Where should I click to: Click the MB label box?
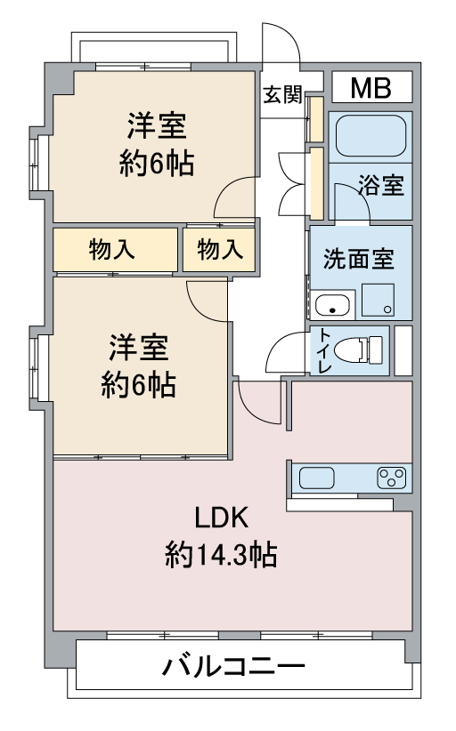[372, 87]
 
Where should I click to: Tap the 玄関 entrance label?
[283, 94]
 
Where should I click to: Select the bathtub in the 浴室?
[370, 136]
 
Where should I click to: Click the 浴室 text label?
[381, 185]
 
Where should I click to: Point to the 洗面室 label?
[358, 259]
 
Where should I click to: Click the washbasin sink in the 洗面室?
[332, 305]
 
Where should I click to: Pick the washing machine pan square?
[378, 300]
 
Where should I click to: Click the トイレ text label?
[325, 350]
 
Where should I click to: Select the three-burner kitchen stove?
[392, 478]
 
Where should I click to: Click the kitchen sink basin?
[316, 478]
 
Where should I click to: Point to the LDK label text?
[221, 517]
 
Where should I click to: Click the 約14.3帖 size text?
[221, 555]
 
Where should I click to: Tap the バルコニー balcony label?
[233, 666]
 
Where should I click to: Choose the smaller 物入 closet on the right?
[219, 249]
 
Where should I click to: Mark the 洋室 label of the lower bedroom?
[139, 348]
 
